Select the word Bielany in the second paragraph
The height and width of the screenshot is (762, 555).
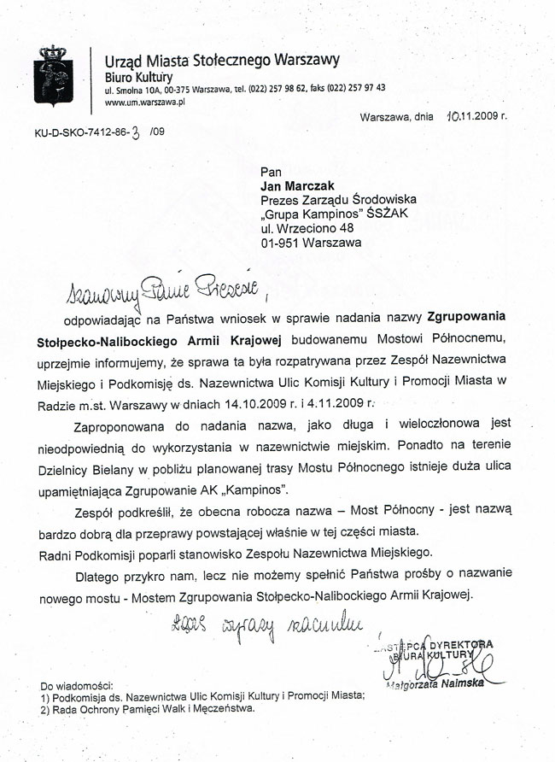pos(124,468)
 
